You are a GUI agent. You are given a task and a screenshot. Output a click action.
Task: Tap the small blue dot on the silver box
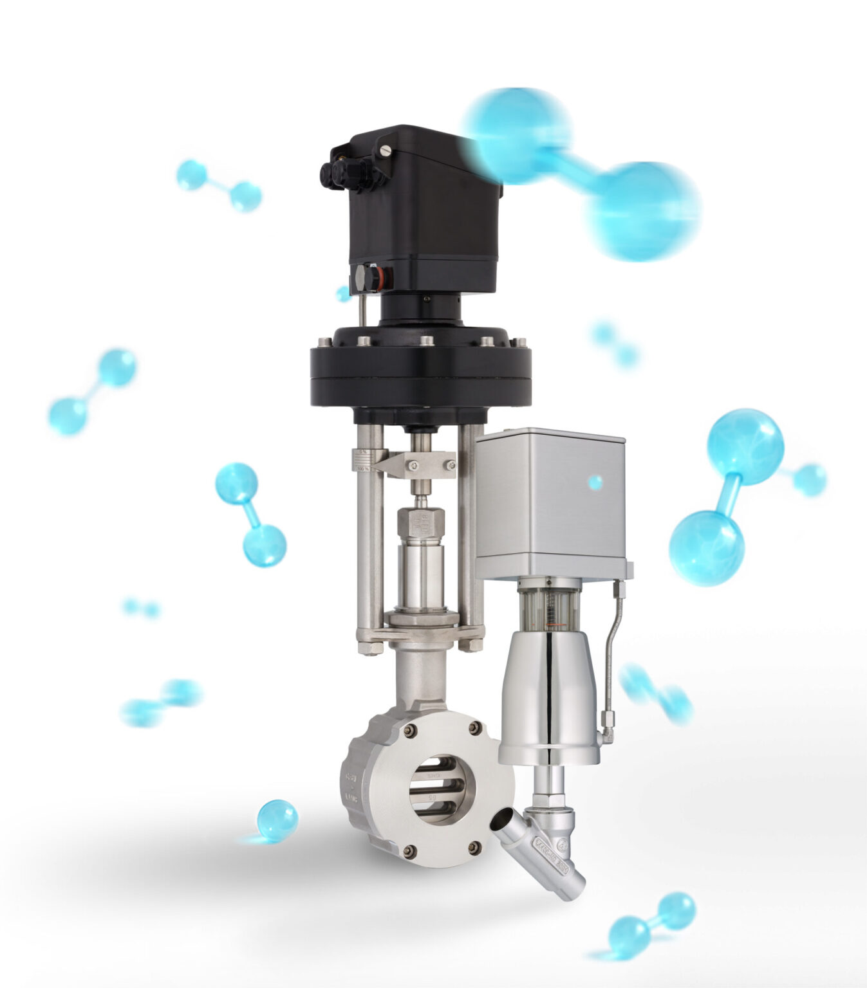point(595,482)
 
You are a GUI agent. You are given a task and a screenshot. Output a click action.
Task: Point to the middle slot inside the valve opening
point(442,788)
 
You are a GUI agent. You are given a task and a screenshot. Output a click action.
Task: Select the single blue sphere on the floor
point(277,820)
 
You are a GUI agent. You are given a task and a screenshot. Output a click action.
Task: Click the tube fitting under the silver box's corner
point(619,588)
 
